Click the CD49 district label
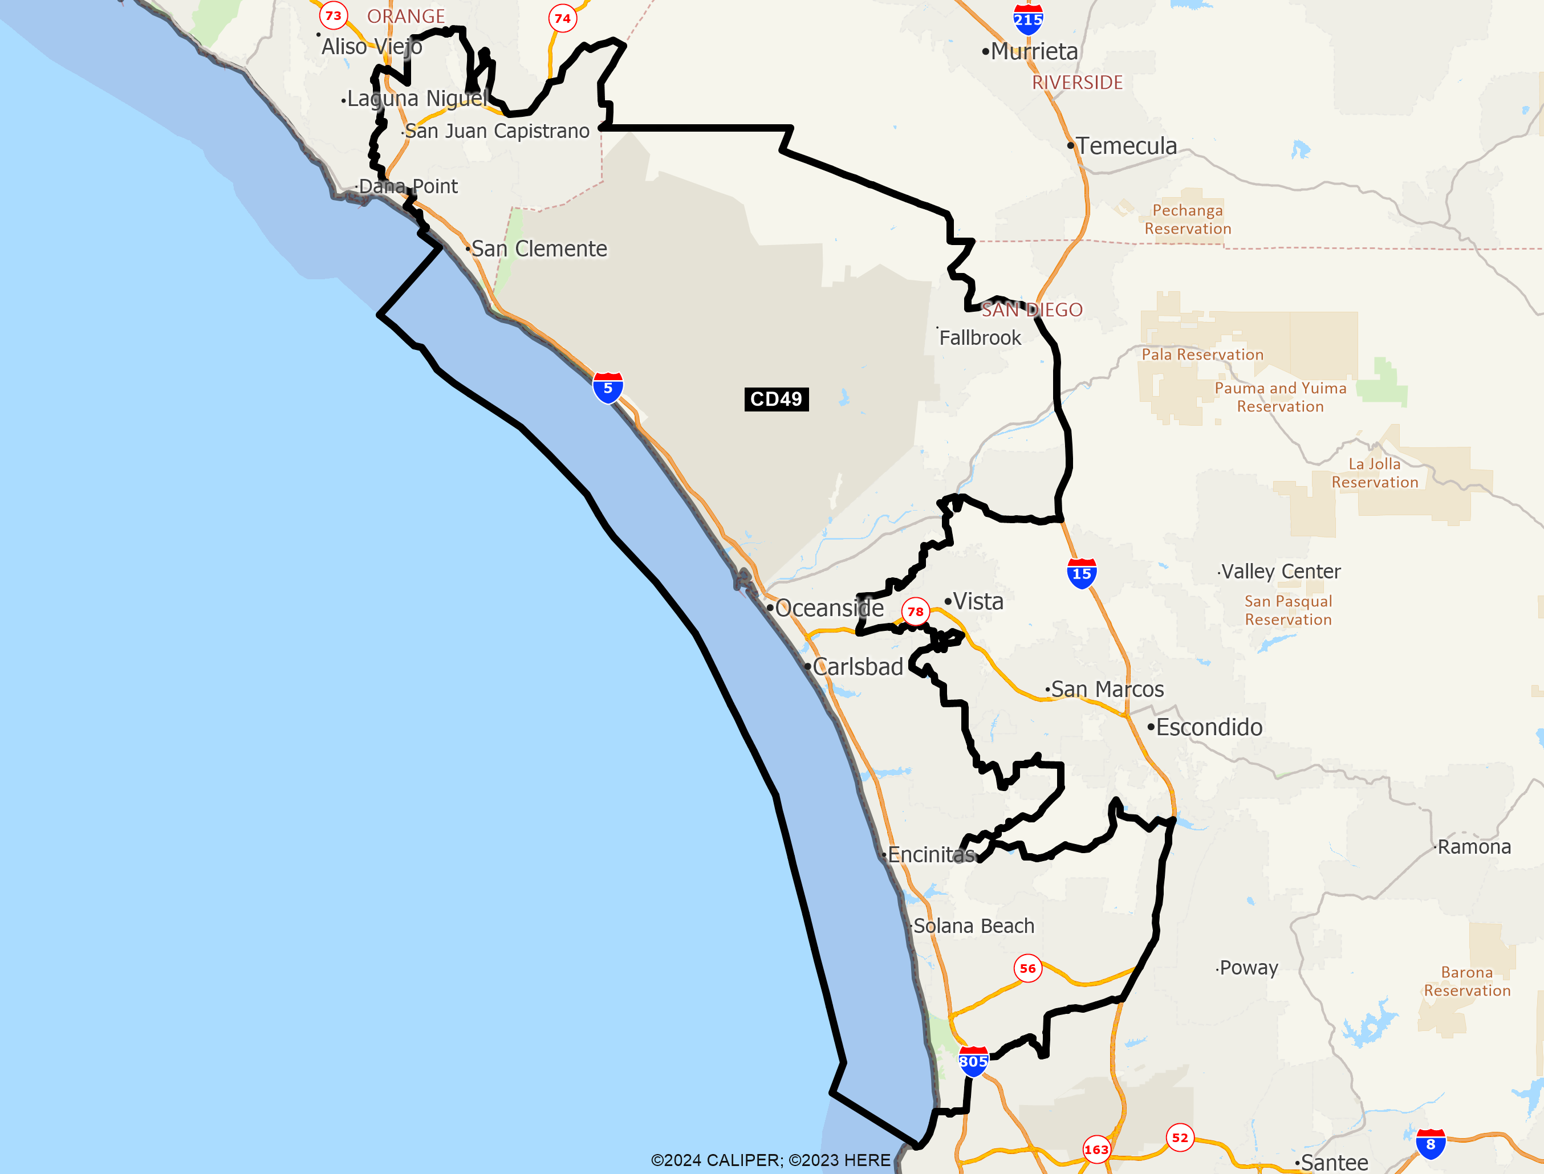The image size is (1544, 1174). tap(776, 399)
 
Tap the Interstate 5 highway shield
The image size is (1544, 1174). tap(607, 388)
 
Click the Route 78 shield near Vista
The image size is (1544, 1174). tap(915, 612)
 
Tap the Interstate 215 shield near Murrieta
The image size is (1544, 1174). tap(1027, 19)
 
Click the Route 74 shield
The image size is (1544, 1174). tap(563, 19)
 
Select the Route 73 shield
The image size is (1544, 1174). tap(334, 15)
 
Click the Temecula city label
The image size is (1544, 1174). tap(1126, 146)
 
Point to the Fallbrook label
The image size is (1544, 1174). tap(980, 338)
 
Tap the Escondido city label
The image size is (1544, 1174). tap(1209, 727)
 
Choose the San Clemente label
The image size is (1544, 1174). tap(539, 249)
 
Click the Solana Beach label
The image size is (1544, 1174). tap(974, 926)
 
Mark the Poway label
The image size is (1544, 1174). tap(1248, 968)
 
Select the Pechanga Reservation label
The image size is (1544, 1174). tap(1188, 219)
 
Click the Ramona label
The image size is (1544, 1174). tap(1474, 847)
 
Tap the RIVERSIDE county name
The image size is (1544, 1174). tap(1077, 83)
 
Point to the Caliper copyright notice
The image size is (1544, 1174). tap(770, 1160)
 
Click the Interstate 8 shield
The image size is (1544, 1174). tap(1430, 1144)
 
